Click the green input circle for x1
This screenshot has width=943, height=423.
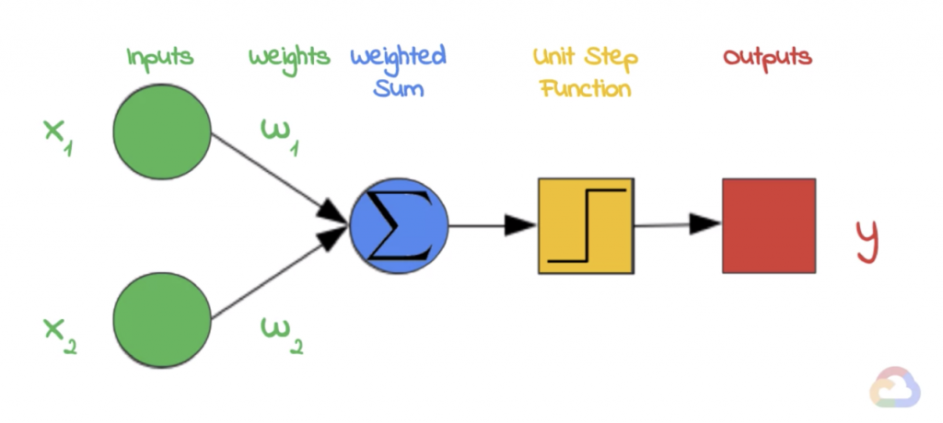(x=162, y=131)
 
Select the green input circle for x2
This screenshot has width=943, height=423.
(x=162, y=319)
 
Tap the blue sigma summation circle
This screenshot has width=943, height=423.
(x=399, y=226)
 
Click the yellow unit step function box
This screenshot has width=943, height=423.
(x=586, y=226)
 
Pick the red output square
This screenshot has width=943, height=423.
(x=769, y=225)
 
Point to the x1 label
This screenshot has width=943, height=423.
(x=58, y=137)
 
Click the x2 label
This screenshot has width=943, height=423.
(x=60, y=336)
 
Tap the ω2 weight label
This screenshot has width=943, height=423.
(x=282, y=335)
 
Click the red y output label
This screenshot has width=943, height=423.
(x=867, y=242)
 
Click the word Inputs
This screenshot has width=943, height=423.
(x=160, y=59)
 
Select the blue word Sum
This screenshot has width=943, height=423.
(x=398, y=89)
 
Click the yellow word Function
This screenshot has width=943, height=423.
(x=586, y=89)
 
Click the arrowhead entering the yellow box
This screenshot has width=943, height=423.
(x=520, y=225)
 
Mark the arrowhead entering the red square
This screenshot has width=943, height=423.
(x=704, y=224)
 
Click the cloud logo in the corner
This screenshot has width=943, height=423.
(x=895, y=387)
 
